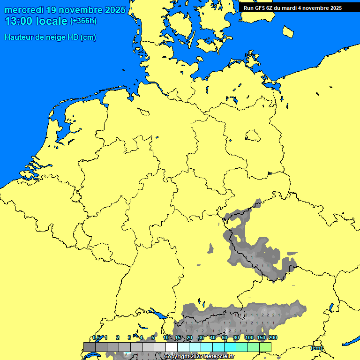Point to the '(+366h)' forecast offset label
[x=83, y=21]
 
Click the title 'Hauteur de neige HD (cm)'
[x=50, y=37]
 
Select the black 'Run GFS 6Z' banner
[x=292, y=8]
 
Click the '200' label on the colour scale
[x=272, y=338]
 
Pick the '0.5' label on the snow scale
[x=96, y=338]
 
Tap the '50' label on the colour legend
[x=225, y=338]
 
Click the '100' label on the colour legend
[x=249, y=338]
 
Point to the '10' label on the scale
[x=166, y=338]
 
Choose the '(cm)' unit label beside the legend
[x=316, y=348]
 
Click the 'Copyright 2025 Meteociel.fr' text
[x=199, y=357]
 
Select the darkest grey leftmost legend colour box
[x=89, y=347]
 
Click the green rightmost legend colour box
[x=265, y=347]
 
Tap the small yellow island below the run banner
[x=288, y=31]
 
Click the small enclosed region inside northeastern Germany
[x=253, y=136]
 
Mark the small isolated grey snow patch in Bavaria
[x=210, y=248]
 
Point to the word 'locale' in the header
[x=52, y=21]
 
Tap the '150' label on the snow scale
[x=261, y=338]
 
